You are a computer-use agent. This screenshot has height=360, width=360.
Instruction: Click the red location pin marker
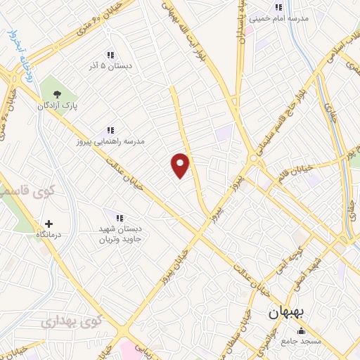click(181, 165)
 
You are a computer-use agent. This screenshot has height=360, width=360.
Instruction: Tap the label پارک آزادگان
click(58, 105)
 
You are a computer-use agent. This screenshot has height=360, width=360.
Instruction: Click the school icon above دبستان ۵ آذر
click(110, 55)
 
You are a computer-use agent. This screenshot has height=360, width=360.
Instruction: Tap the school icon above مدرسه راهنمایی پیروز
click(110, 130)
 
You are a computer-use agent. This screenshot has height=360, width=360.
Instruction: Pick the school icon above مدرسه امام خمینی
click(278, 7)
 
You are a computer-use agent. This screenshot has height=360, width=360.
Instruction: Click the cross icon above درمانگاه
click(49, 224)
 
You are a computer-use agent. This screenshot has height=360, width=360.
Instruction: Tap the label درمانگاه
click(49, 236)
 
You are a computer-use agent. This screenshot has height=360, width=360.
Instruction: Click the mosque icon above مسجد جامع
click(302, 330)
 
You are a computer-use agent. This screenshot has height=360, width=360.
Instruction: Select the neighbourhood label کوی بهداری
click(71, 322)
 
